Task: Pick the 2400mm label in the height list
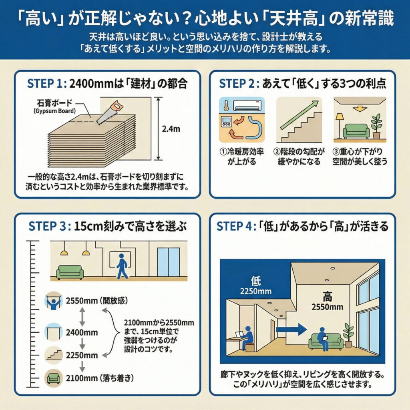pos(82,332)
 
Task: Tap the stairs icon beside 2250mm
pos(54,354)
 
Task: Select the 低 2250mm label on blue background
pos(255,285)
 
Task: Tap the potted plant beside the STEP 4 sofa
pos(348,334)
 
